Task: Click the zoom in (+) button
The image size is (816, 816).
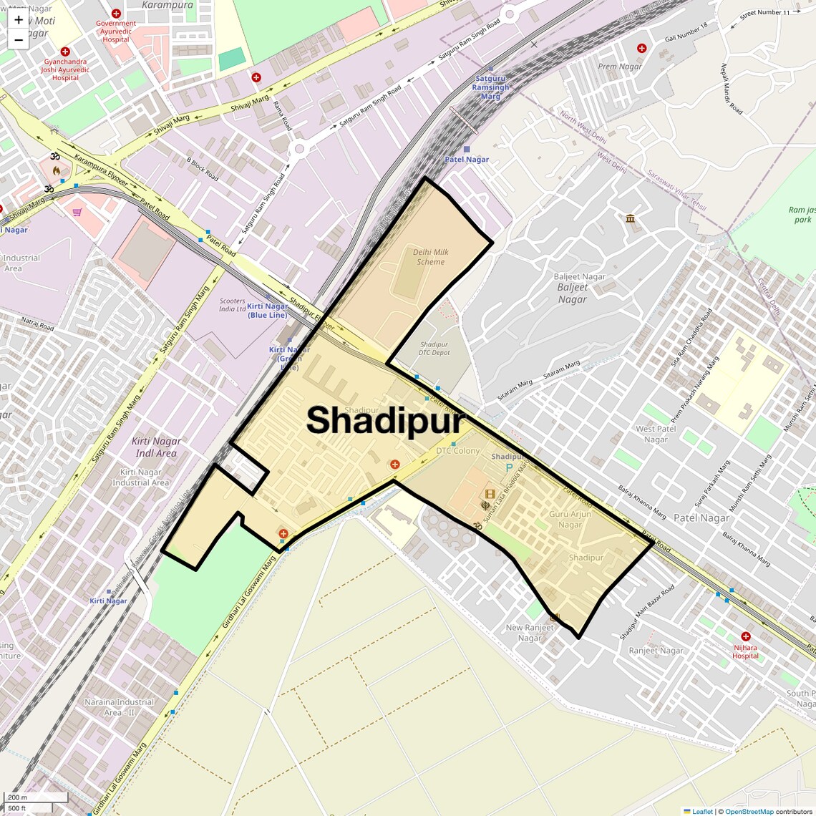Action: pos(19,20)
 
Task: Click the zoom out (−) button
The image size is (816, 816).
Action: pos(19,39)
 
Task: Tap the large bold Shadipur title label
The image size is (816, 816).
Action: pos(385,421)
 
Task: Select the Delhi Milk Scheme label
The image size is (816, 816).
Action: pos(431,257)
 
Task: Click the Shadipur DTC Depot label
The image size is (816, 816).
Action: pos(434,349)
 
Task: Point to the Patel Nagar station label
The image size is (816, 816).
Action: pos(467,159)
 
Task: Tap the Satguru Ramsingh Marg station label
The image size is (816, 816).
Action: pos(490,87)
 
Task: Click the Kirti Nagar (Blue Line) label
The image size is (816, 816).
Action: pos(268,311)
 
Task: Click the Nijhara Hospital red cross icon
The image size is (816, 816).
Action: pos(745,636)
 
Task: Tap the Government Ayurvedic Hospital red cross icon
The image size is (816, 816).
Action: pos(116,14)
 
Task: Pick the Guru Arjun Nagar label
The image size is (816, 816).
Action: pos(570,519)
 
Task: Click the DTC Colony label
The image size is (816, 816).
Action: pos(458,451)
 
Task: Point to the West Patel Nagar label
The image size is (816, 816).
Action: pos(656,434)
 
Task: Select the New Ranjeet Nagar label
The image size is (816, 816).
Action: pos(530,633)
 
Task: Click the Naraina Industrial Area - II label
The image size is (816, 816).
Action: pos(119,707)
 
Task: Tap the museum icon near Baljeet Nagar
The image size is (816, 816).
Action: pos(630,218)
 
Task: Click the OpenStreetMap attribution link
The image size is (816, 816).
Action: pos(749,812)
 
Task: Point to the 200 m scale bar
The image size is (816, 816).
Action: pos(36,797)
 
